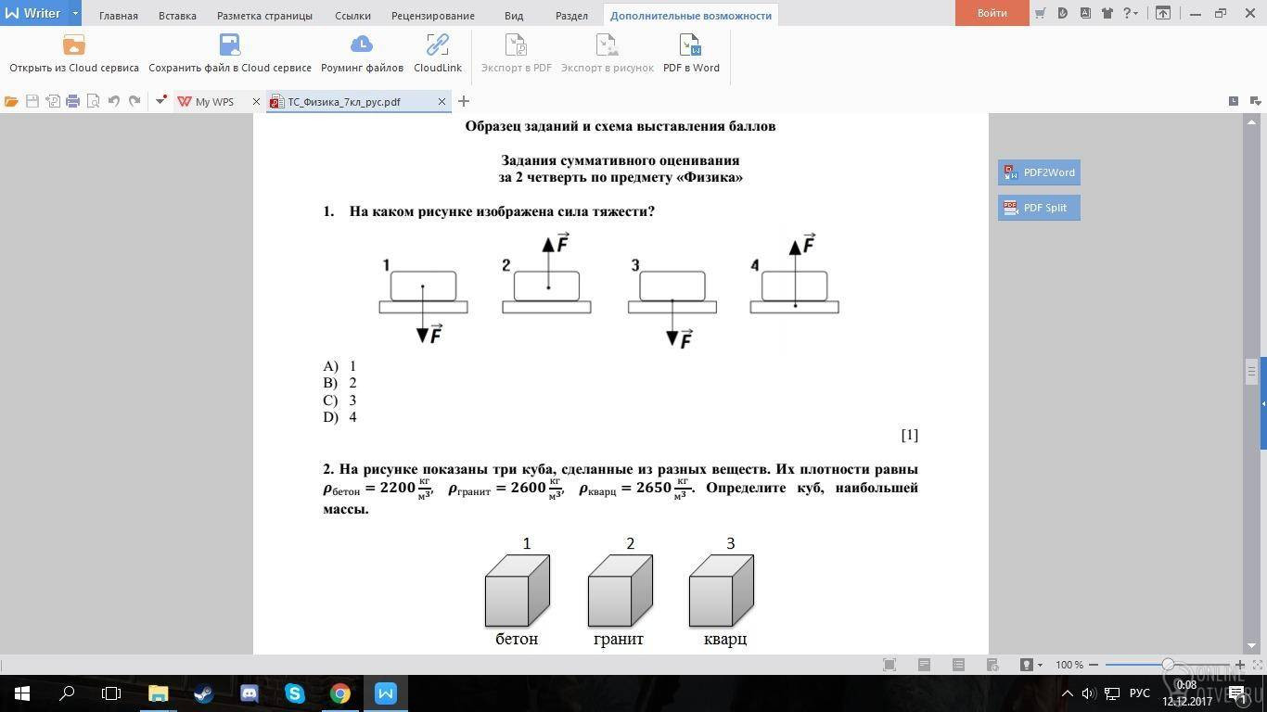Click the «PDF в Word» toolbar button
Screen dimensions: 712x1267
(x=691, y=54)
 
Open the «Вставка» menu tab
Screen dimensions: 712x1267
(x=177, y=16)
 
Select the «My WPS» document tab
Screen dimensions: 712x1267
(x=214, y=102)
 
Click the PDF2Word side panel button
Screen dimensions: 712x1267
(x=1039, y=172)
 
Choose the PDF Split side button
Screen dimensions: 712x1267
(x=1039, y=208)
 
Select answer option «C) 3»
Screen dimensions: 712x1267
(x=340, y=400)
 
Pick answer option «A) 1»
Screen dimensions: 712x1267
(x=340, y=366)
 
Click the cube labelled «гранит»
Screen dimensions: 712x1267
(x=620, y=591)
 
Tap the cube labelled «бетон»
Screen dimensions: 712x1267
(x=517, y=591)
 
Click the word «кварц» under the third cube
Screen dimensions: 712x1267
(x=724, y=639)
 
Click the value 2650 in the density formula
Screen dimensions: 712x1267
(x=653, y=488)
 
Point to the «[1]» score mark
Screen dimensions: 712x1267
(x=909, y=435)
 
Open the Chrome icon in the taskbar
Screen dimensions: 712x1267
(x=340, y=693)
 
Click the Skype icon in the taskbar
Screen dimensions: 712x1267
(x=295, y=693)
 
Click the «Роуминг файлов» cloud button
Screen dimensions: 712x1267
(x=362, y=54)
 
